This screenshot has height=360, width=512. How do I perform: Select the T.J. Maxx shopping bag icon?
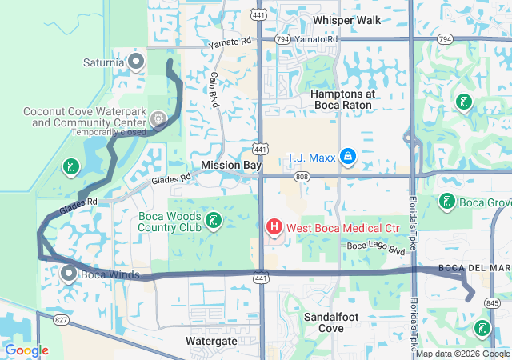click(347, 156)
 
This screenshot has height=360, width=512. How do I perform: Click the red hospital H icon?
click(274, 228)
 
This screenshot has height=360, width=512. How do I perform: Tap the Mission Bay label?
click(231, 165)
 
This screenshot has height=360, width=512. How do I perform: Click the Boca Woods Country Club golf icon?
click(214, 220)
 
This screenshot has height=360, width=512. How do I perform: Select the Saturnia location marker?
click(137, 61)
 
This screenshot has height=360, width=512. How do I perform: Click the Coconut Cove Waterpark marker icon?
click(158, 120)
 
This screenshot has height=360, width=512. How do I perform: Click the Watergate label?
click(211, 341)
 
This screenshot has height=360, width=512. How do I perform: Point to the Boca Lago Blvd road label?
click(375, 248)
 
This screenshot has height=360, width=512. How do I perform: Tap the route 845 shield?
click(492, 303)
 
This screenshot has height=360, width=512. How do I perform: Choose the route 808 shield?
click(301, 176)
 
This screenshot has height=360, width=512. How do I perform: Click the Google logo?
click(26, 350)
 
